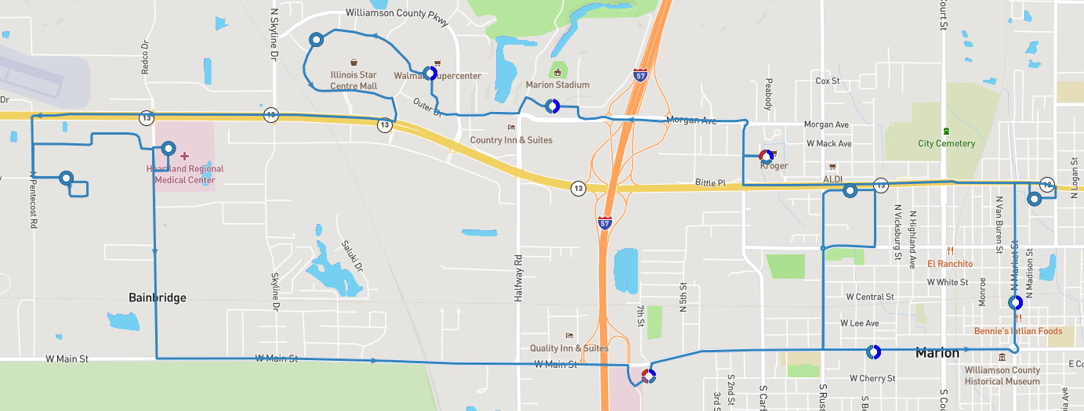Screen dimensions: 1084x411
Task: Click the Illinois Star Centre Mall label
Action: tap(353, 80)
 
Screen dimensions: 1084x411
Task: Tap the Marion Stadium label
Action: tap(557, 85)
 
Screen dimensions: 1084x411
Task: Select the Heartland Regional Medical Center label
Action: tap(184, 174)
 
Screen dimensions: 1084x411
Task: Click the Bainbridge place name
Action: tap(158, 297)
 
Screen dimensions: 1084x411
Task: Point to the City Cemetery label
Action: tap(946, 143)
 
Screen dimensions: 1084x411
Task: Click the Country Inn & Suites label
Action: tap(511, 140)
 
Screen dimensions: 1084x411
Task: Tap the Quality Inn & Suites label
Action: tap(569, 348)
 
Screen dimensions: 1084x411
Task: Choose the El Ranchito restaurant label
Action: tap(949, 264)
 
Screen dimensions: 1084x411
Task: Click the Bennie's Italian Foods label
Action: tap(1018, 331)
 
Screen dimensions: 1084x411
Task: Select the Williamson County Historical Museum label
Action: tap(1002, 376)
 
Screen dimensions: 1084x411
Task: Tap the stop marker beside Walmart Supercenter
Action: tap(430, 74)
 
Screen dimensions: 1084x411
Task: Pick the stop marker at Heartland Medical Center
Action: tap(169, 148)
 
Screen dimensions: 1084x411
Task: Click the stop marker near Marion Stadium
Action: tap(552, 106)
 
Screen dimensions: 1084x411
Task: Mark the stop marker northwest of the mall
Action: tap(317, 39)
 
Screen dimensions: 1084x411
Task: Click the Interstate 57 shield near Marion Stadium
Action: tap(640, 75)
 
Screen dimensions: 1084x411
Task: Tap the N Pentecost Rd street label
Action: tap(34, 200)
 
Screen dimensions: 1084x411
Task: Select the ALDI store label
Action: tap(832, 179)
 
